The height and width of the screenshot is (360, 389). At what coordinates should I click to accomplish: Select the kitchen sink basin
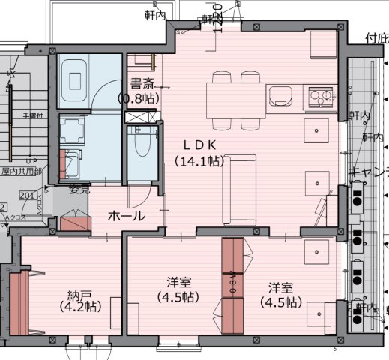280,96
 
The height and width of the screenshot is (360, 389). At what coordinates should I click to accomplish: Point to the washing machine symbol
73,160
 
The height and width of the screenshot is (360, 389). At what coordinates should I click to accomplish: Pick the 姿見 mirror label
79,190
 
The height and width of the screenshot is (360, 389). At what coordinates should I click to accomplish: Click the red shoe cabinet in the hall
75,222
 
